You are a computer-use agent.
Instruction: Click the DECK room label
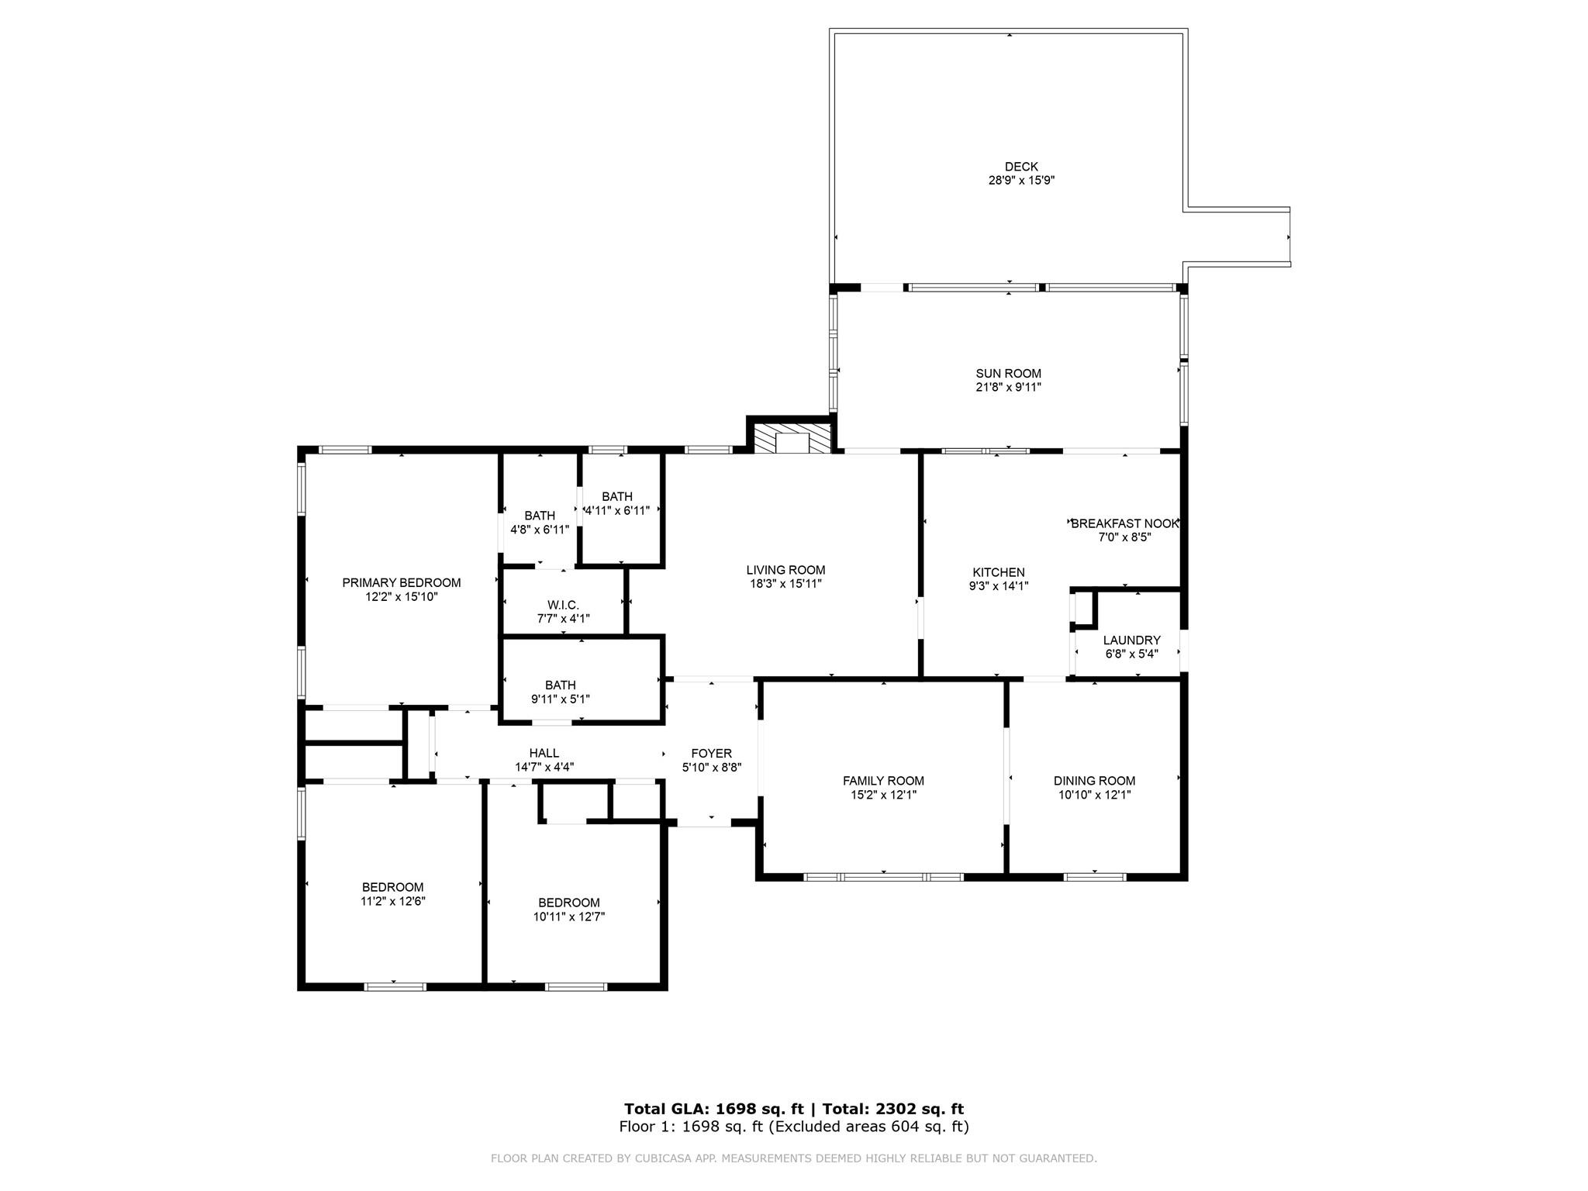tap(1020, 167)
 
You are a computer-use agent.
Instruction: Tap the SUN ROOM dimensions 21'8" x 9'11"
tap(1008, 388)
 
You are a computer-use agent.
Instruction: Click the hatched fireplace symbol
tap(791, 440)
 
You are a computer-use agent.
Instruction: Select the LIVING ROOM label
tap(785, 570)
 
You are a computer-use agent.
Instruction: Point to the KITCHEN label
tap(999, 572)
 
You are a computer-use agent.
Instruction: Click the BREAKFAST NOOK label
tap(1124, 523)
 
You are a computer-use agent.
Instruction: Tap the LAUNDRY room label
tap(1131, 640)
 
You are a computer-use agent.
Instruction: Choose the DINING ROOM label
tap(1094, 781)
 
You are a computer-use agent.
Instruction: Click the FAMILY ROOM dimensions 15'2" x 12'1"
tap(883, 795)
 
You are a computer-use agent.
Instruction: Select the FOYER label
tap(711, 754)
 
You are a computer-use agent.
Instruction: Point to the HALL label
tap(544, 753)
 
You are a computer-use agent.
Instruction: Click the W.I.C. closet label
tap(563, 605)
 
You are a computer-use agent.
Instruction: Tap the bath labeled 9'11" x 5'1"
tap(560, 692)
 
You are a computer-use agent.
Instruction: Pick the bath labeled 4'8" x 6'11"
tap(539, 523)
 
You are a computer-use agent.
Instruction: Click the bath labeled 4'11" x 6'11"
tap(616, 503)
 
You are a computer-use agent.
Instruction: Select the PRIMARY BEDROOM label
tap(401, 583)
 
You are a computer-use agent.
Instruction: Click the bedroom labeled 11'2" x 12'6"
tap(392, 894)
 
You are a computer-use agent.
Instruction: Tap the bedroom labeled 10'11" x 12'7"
tap(568, 910)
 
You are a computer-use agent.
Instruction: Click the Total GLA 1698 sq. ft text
tap(714, 1109)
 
